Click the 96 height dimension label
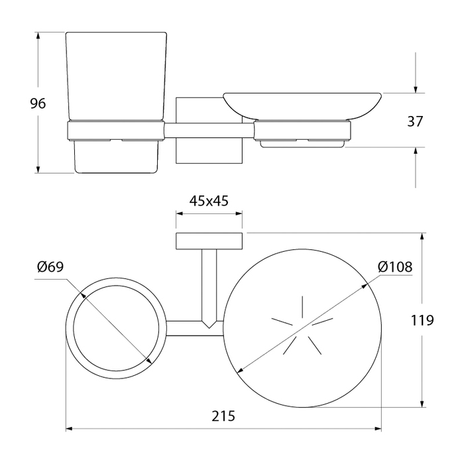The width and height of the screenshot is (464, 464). click(x=38, y=103)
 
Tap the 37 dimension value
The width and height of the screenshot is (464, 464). click(x=415, y=121)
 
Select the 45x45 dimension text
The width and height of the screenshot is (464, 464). click(x=209, y=201)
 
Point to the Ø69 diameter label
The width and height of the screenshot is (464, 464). click(x=50, y=267)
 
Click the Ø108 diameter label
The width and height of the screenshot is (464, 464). click(x=395, y=267)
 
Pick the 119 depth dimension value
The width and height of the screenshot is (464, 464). click(x=422, y=320)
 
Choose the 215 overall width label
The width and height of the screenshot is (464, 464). click(x=223, y=416)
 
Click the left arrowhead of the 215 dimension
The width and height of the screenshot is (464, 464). click(x=69, y=428)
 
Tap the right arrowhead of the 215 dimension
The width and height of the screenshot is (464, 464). click(x=378, y=428)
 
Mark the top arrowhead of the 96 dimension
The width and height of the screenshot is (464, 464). click(x=38, y=36)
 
